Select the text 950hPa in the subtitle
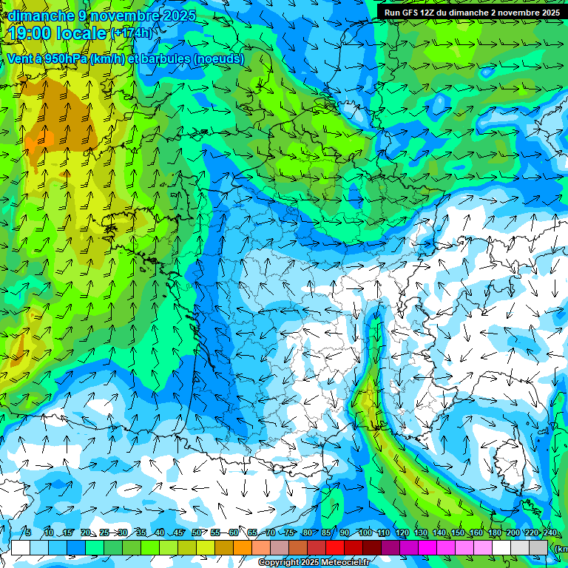(x=61, y=58)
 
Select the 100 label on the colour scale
(x=365, y=533)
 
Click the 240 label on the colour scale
(x=550, y=533)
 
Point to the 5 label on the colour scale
(x=28, y=533)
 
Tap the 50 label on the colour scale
(x=197, y=533)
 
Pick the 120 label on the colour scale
(x=402, y=533)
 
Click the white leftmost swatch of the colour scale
(x=21, y=547)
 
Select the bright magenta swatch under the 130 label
(x=428, y=547)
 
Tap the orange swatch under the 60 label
(x=243, y=547)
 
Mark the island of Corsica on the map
(x=507, y=455)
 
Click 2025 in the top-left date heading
(x=178, y=16)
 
